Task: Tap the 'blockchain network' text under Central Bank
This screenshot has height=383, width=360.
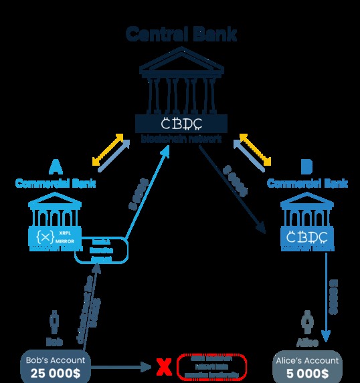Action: point(181,138)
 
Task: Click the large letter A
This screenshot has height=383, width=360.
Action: point(56,166)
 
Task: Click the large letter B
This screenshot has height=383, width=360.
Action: point(306,166)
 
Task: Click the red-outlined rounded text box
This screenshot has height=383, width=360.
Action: point(212,366)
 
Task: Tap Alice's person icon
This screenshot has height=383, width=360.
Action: point(307,321)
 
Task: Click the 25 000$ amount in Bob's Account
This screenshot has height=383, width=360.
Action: point(56,372)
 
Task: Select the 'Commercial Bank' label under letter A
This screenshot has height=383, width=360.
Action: point(56,182)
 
